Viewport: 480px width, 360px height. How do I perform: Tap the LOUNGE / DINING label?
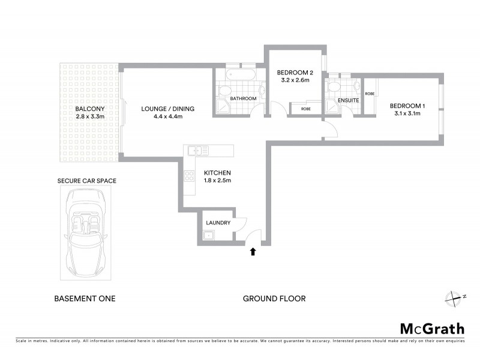point(168,109)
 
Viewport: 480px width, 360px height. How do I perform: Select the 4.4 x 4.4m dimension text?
point(168,116)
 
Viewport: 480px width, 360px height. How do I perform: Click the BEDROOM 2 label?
point(293,72)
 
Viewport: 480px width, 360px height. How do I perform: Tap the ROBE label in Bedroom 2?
point(305,109)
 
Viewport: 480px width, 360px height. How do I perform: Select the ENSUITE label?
point(349,101)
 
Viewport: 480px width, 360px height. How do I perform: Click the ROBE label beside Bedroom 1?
point(370,94)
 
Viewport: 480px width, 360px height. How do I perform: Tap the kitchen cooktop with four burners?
point(190,176)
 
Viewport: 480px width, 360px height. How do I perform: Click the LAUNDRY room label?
point(218,223)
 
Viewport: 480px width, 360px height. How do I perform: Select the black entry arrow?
point(253,252)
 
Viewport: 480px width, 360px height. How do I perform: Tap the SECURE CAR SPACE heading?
point(86,180)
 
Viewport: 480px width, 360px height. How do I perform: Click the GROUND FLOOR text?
point(274,298)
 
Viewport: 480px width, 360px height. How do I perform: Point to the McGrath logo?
point(431,328)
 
